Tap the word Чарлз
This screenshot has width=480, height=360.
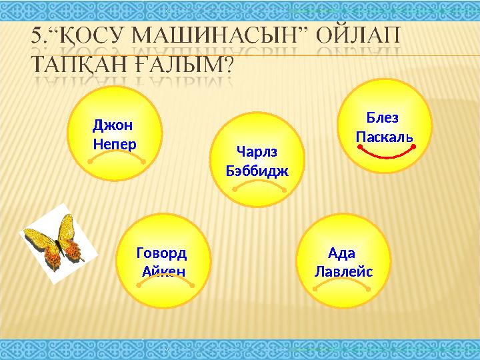[257, 151]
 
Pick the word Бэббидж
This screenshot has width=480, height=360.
[257, 171]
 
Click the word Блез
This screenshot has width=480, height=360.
[383, 118]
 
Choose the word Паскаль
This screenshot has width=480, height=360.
[384, 137]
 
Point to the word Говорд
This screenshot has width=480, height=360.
[161, 253]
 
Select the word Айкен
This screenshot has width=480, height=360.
[163, 272]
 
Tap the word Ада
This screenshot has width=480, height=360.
[342, 253]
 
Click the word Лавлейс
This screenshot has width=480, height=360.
[343, 272]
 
